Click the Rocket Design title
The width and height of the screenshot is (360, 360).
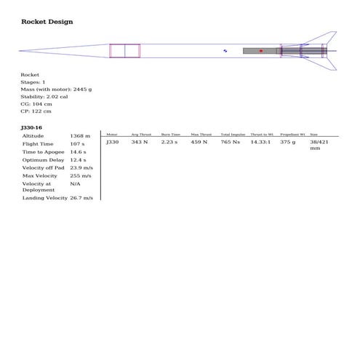47,22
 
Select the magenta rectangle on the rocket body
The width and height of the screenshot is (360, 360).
124,51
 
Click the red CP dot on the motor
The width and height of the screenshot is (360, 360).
260,51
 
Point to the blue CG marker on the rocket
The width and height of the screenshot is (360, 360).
225,51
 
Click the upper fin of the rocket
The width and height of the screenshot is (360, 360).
326,39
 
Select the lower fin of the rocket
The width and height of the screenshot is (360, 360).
326,63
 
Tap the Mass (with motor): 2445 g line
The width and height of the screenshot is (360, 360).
56,89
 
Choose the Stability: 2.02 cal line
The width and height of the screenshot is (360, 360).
44,97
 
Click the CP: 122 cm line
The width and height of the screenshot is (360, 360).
36,111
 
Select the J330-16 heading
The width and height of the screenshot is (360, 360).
32,127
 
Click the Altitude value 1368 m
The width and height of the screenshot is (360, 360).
80,136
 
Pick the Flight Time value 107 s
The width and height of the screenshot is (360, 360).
77,144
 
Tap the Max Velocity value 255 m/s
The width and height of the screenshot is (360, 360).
81,176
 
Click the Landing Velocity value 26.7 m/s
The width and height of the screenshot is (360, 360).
81,198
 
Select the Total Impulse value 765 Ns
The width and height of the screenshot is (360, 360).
230,143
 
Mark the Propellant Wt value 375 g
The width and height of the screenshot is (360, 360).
288,143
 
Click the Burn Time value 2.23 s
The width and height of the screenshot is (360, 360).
169,143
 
